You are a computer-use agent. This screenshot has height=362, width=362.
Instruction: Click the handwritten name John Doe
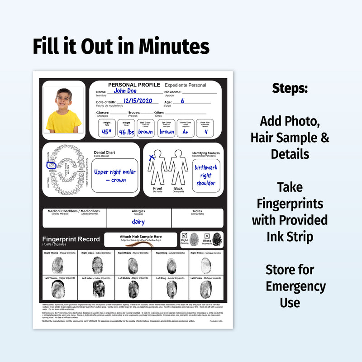125,90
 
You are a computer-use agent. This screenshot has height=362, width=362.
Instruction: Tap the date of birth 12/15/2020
138,101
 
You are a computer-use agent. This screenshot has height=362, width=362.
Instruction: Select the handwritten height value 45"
107,132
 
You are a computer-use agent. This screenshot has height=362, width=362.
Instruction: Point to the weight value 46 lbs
126,132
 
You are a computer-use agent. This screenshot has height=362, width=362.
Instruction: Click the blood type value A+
186,132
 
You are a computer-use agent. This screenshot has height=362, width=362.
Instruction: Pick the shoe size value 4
205,132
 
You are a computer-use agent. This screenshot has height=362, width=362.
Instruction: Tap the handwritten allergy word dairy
138,222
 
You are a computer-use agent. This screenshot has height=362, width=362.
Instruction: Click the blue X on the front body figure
152,157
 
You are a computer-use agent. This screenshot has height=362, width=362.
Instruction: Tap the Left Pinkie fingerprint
206,289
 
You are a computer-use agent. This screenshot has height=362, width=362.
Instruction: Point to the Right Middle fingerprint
133,265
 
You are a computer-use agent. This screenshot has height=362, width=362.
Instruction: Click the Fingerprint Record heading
68,239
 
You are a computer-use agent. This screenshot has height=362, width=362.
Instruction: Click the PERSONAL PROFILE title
134,85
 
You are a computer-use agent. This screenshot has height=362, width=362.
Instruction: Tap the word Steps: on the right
290,88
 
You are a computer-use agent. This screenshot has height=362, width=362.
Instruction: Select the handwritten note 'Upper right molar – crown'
114,176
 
